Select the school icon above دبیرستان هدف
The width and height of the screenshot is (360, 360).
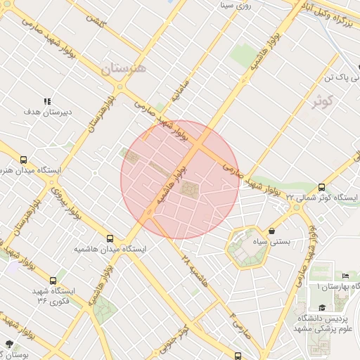click(x=47, y=101)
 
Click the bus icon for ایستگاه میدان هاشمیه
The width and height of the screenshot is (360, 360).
click(x=110, y=238)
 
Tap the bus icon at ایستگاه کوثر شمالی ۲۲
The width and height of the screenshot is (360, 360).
click(x=321, y=187)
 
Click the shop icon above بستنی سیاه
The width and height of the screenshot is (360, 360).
click(x=272, y=231)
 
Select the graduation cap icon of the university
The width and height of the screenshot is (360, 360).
click(x=322, y=307)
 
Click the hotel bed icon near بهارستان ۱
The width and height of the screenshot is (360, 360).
click(x=345, y=276)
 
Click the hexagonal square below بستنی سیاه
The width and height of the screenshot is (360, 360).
click(x=248, y=247)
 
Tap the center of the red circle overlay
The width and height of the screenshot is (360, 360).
click(x=181, y=179)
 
